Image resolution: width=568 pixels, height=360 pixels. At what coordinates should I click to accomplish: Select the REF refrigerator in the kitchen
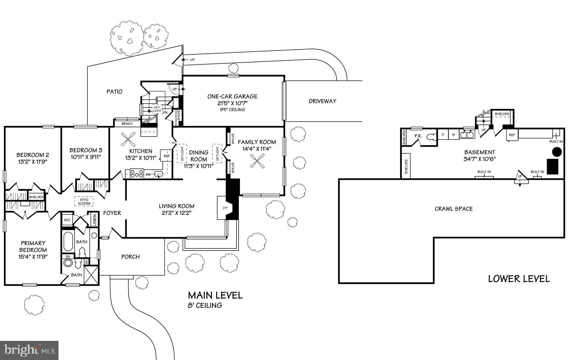[166, 156]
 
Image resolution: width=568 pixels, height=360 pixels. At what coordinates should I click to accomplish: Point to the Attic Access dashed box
[84, 201]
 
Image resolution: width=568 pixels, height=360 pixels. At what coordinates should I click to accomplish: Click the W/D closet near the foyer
[67, 220]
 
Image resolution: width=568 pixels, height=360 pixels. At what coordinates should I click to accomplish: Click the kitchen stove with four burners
[137, 173]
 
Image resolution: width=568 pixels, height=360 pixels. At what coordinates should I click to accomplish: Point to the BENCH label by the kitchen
[127, 124]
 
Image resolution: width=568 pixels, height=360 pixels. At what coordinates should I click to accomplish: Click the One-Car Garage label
[232, 97]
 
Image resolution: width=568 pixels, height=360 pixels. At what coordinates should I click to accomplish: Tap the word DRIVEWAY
[323, 101]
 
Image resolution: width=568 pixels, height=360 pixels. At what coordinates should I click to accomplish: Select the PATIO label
[115, 92]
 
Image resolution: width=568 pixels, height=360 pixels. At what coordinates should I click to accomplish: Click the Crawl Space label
[454, 209]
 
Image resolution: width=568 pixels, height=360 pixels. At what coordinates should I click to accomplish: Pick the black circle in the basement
[557, 152]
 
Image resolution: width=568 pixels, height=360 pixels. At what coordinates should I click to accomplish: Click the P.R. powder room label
[418, 136]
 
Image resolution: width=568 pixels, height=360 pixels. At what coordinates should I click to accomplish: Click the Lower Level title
[519, 279]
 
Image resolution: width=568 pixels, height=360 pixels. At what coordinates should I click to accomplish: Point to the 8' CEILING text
[205, 305]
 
